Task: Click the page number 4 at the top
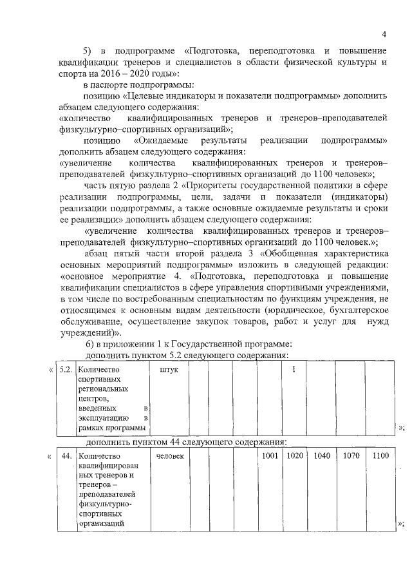pos(384,34)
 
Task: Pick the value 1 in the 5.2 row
pos(294,370)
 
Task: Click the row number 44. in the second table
pos(65,456)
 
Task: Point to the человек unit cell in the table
pos(171,456)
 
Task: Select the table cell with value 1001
pos(270,456)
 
